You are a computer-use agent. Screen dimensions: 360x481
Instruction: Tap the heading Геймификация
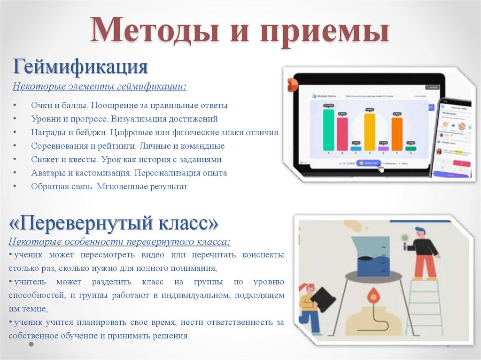[80, 67]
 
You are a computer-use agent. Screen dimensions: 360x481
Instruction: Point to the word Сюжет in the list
[45, 160]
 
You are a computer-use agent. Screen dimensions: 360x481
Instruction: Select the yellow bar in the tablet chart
[370, 131]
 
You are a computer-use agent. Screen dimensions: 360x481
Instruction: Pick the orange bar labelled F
[397, 134]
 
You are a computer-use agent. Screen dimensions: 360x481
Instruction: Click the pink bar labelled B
[342, 134]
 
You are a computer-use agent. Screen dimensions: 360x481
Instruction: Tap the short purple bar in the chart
[383, 148]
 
